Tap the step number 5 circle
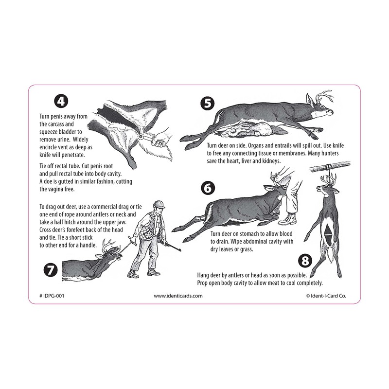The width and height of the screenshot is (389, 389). tap(207, 103)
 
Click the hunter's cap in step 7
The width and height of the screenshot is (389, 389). tap(157, 205)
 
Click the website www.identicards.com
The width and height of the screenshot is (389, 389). tap(178, 295)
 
